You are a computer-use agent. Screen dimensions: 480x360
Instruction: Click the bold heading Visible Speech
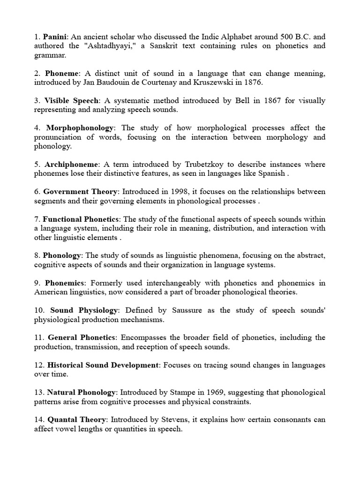click(x=72, y=100)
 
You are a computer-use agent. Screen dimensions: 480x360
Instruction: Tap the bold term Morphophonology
click(x=80, y=127)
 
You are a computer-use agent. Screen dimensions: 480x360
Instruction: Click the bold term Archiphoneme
click(x=72, y=164)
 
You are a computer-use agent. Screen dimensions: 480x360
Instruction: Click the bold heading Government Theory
click(x=80, y=192)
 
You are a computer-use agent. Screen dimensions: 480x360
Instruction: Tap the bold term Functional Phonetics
click(x=82, y=219)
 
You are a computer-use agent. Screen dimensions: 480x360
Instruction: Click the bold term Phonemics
click(x=65, y=283)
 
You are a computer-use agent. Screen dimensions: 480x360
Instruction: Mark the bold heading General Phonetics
click(x=82, y=337)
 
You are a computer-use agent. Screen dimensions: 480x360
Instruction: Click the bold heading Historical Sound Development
click(x=104, y=365)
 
